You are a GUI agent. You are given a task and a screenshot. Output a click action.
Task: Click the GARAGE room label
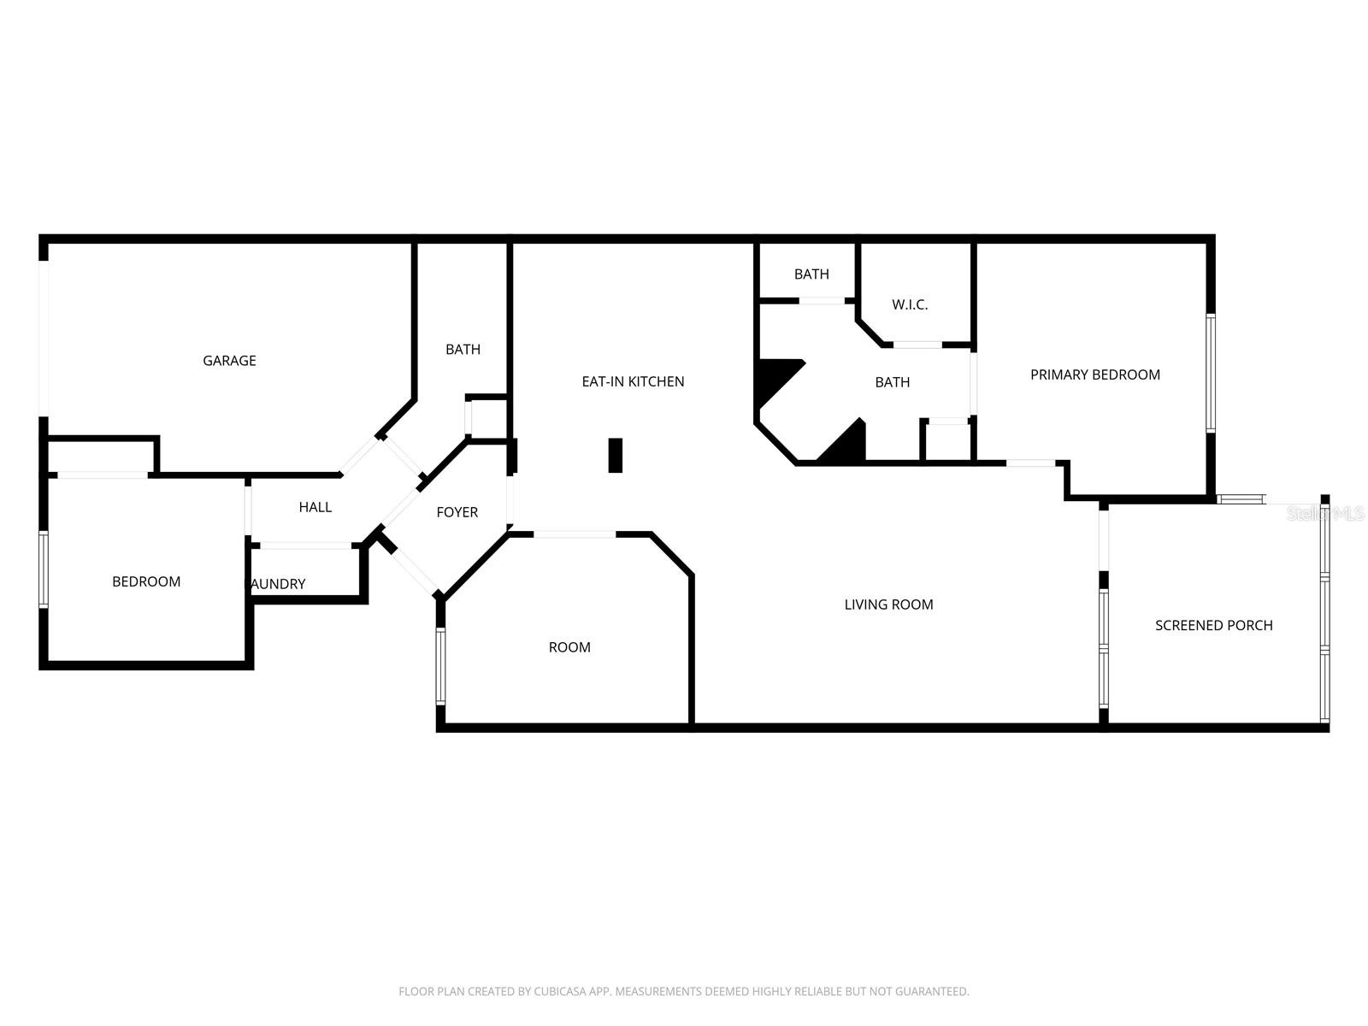coord(229,361)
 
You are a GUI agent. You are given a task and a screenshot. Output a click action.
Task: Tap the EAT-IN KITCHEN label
coord(633,381)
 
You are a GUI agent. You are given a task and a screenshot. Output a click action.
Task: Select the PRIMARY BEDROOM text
coord(1094,374)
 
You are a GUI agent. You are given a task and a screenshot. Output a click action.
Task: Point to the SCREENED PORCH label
coord(1213,625)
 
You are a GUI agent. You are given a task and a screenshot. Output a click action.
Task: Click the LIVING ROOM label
coord(888,604)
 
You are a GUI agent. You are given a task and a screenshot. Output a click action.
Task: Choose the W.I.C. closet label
coord(910,304)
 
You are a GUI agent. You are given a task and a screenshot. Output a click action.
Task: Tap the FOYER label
coord(457,512)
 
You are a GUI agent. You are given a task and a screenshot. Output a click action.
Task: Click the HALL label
coord(315,507)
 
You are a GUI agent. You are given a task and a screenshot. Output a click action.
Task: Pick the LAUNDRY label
coord(277,584)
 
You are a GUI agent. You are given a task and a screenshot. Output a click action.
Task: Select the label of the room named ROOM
coord(569,647)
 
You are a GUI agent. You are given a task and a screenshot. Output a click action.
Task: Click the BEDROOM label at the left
coord(146,581)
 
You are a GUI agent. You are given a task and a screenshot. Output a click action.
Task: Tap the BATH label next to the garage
coord(463,349)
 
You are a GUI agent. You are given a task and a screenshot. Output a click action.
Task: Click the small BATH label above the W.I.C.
coord(811,274)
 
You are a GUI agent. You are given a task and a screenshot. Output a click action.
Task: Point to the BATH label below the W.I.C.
coord(892,382)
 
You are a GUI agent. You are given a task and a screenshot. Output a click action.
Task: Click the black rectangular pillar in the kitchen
coord(615,455)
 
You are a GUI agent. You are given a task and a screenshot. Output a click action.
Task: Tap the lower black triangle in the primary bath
coord(848,446)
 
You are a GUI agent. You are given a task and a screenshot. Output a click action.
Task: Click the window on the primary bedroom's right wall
coord(1211,373)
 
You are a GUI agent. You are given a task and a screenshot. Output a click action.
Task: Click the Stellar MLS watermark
coord(1326,514)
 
